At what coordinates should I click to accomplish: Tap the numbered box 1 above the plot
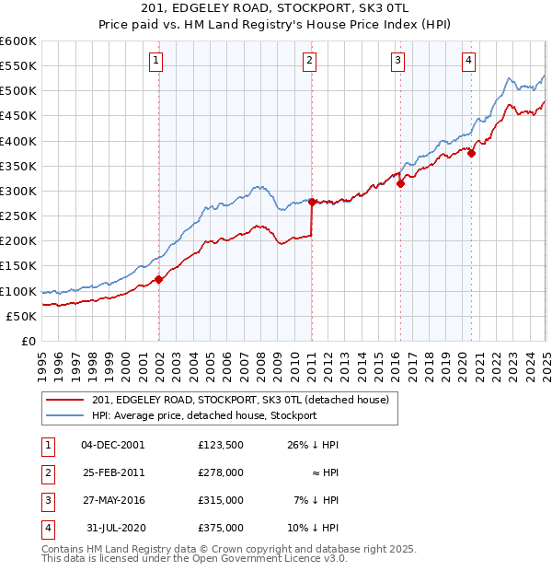tap(155, 61)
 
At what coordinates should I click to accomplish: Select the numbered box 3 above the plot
tap(397, 61)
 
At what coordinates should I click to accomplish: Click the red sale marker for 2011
tap(313, 202)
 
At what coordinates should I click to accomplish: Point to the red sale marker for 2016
tap(401, 183)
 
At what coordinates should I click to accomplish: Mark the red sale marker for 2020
tap(471, 154)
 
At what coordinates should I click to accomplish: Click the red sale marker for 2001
tap(158, 279)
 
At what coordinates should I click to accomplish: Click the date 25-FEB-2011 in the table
tap(113, 472)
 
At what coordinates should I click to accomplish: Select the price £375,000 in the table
tap(220, 529)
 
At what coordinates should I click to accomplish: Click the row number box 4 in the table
tap(45, 529)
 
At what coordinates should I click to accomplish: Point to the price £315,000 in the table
tap(220, 500)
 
